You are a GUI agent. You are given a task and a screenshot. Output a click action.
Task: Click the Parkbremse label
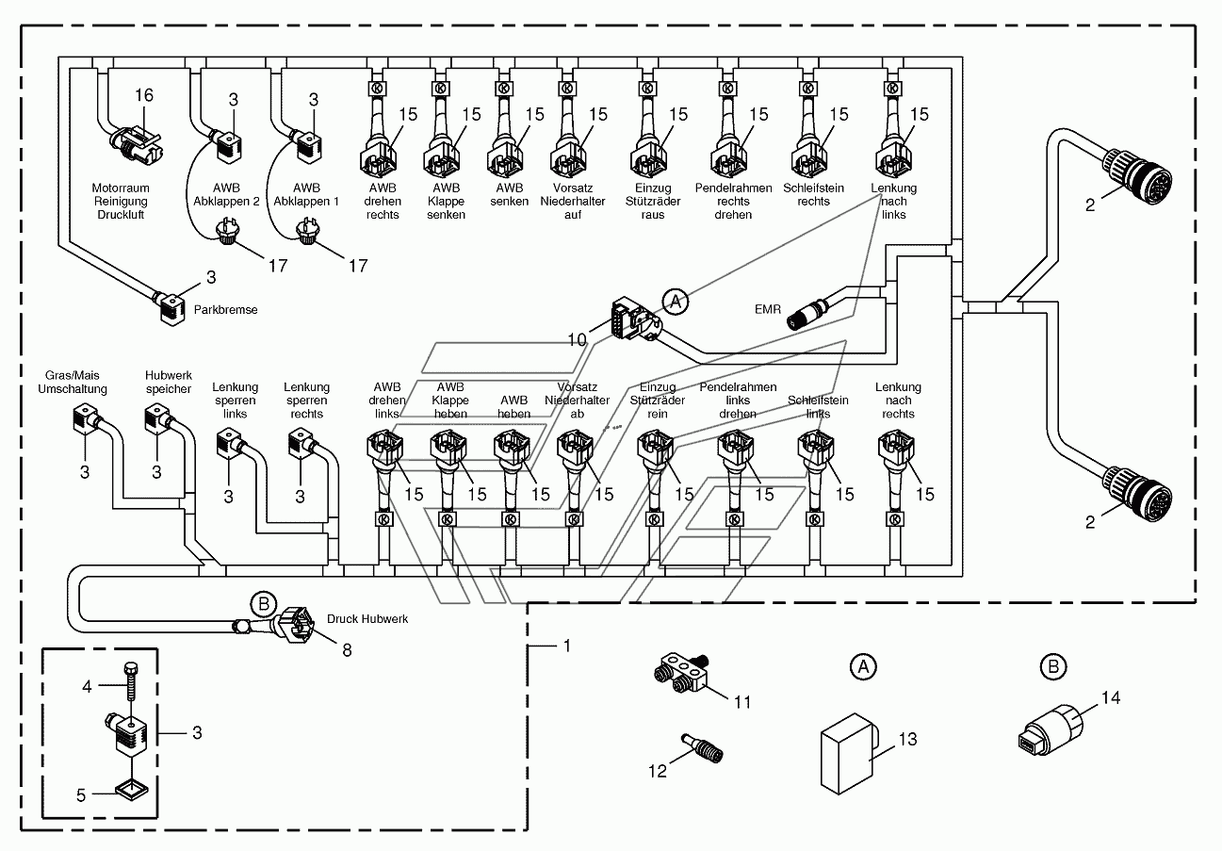225,310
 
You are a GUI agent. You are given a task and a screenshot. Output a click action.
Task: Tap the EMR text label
768,309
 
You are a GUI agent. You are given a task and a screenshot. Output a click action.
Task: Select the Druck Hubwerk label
367,618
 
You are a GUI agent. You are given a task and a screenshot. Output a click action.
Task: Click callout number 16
144,95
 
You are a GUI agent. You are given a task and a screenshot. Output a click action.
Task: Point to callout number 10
577,340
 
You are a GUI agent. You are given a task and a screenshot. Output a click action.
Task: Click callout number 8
347,649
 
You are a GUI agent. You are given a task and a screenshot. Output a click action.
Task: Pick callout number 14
1111,697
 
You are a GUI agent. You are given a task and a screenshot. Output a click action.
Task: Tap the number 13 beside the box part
907,739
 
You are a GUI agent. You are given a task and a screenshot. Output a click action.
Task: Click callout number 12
658,771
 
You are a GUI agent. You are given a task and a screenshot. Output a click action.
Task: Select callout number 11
741,702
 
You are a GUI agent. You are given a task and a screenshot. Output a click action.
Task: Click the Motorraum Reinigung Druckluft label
121,202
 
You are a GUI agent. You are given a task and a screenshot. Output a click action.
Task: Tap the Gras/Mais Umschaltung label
72,383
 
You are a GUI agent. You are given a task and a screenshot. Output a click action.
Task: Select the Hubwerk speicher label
169,383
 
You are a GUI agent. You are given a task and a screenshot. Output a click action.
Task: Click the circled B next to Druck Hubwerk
264,604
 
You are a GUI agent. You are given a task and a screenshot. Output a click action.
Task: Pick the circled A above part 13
863,666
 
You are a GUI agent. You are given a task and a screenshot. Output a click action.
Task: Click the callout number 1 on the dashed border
567,646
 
